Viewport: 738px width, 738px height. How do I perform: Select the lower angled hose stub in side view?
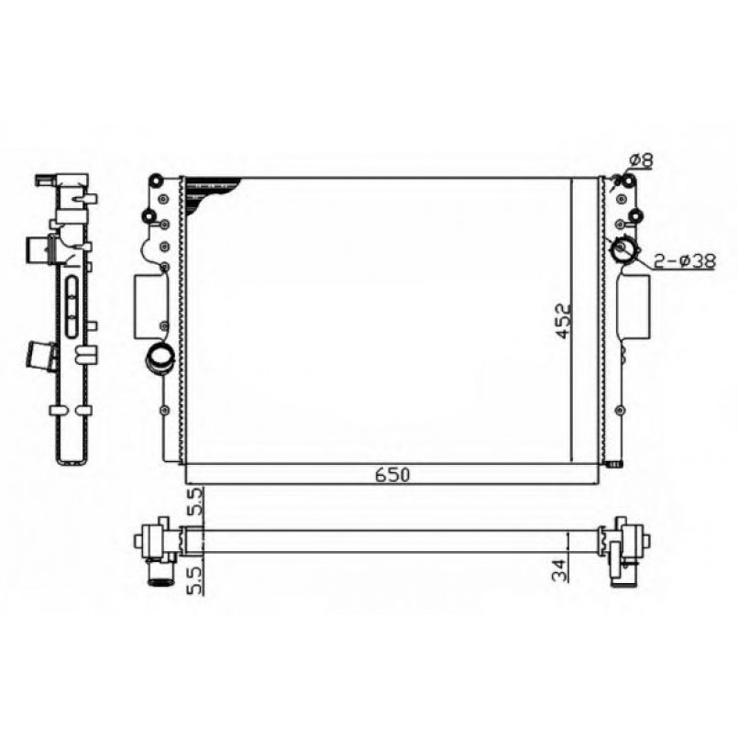(x=42, y=353)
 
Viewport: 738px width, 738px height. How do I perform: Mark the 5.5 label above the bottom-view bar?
(x=193, y=503)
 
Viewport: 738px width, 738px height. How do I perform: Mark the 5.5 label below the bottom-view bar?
(x=193, y=579)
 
